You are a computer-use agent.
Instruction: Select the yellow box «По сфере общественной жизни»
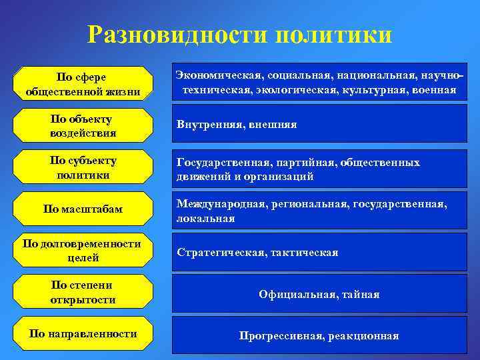[83, 84]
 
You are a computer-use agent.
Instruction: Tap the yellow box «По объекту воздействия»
[83, 126]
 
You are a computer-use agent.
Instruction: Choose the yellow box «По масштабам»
[83, 210]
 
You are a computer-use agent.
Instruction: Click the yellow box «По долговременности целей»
[83, 250]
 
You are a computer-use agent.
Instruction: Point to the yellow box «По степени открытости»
[83, 293]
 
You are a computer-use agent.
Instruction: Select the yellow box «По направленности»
[83, 333]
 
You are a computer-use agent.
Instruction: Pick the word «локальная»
[205, 219]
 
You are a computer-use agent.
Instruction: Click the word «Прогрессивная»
[280, 336]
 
